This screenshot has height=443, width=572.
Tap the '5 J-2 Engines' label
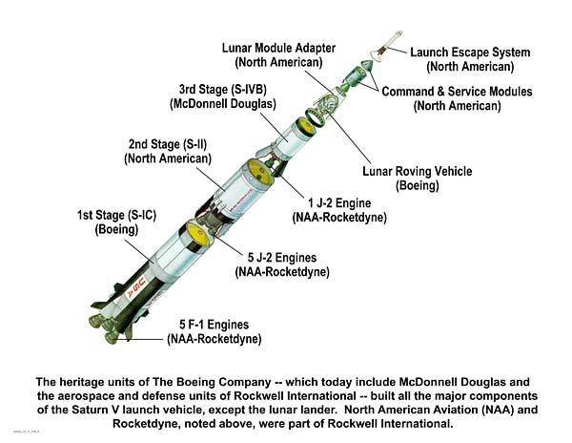(x=282, y=257)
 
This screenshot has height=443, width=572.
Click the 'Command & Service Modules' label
(x=457, y=92)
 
